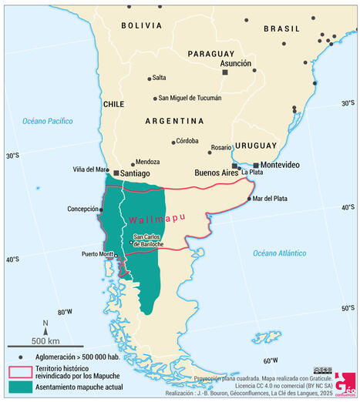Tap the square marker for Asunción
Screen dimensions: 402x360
(x=225, y=72)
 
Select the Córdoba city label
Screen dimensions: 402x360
(x=187, y=141)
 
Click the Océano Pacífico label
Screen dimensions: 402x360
(x=47, y=121)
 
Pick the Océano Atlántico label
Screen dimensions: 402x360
(x=279, y=253)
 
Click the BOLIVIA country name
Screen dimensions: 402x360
(x=141, y=25)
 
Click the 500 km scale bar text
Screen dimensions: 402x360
(x=46, y=340)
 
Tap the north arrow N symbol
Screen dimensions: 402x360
(x=45, y=323)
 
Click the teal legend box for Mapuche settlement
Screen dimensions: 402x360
(x=19, y=387)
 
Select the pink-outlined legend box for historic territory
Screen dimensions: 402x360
(x=19, y=373)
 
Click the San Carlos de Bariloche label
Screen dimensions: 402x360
(x=148, y=240)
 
